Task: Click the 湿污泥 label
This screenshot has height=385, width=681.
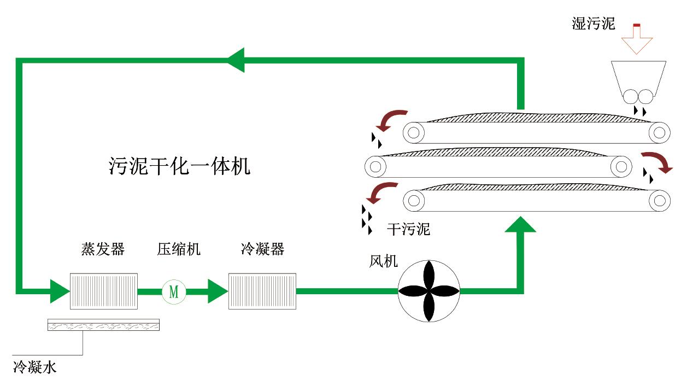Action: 593,24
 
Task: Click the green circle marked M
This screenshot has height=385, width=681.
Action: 174,291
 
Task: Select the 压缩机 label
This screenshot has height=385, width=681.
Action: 179,249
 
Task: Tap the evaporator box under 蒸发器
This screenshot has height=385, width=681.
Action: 103,291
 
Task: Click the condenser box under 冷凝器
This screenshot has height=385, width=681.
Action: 262,291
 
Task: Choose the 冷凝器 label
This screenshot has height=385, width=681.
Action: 262,249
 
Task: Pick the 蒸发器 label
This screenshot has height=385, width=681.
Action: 103,249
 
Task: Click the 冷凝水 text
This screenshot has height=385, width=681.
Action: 34,367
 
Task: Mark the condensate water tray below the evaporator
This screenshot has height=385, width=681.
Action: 104,325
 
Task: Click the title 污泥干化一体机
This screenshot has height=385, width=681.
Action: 179,166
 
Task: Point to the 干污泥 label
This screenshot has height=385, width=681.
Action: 408,229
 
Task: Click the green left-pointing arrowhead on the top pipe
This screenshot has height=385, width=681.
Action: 236,60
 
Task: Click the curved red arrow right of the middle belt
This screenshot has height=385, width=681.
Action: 657,161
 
